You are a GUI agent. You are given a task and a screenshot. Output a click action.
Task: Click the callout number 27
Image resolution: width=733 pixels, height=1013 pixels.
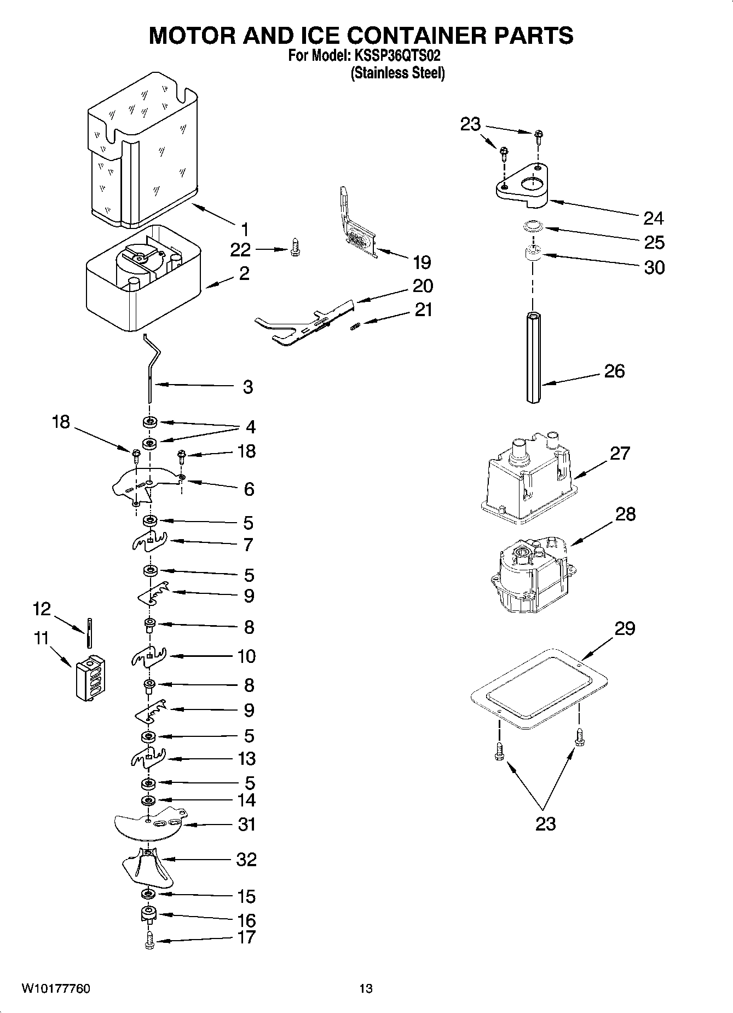[620, 454]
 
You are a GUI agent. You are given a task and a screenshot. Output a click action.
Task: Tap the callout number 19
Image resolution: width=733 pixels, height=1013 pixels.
[422, 262]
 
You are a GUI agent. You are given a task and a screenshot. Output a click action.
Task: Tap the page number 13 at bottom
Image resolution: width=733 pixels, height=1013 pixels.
[366, 988]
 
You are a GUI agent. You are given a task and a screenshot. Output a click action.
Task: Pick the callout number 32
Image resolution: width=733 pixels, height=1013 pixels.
[246, 860]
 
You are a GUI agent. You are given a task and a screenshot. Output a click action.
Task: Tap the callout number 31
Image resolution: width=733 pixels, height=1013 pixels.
[247, 824]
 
